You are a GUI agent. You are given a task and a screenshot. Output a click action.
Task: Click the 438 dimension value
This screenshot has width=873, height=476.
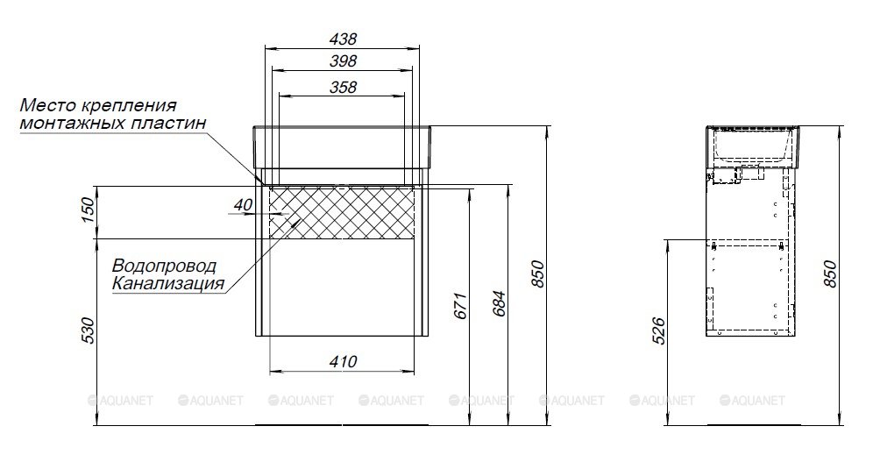343,39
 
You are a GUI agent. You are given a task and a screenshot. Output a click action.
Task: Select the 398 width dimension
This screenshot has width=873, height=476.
343,60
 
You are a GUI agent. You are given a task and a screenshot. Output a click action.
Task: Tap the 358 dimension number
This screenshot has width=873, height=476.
343,87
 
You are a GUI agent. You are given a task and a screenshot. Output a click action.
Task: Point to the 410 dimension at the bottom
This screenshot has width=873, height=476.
343,361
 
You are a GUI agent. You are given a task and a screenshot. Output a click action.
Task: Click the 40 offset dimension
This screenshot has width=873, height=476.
243,205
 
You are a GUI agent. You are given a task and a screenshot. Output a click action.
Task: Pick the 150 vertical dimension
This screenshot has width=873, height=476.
88,210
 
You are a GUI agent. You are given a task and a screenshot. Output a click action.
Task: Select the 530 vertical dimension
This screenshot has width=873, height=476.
88,330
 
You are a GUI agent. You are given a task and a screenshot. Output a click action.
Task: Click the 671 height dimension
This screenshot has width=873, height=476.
460,306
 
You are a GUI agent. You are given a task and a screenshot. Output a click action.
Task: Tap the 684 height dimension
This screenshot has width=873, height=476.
499,303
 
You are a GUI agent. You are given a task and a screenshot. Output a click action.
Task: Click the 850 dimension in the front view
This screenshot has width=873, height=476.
537,274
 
